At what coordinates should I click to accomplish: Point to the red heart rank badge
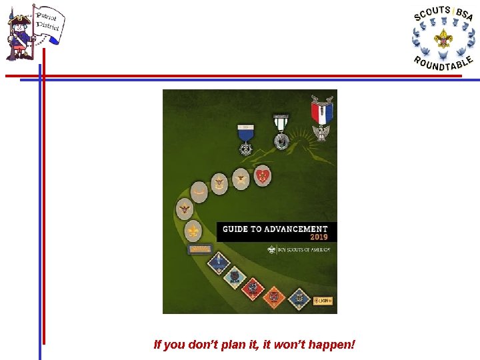tap(263, 175)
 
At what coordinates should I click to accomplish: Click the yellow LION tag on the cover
tap(323, 301)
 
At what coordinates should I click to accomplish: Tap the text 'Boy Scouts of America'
tap(304, 250)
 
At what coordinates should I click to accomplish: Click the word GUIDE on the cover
tap(235, 229)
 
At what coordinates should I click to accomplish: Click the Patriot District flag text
tap(48, 23)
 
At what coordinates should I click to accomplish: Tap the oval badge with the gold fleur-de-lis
tap(193, 231)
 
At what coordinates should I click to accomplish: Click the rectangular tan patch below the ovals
tap(199, 249)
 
